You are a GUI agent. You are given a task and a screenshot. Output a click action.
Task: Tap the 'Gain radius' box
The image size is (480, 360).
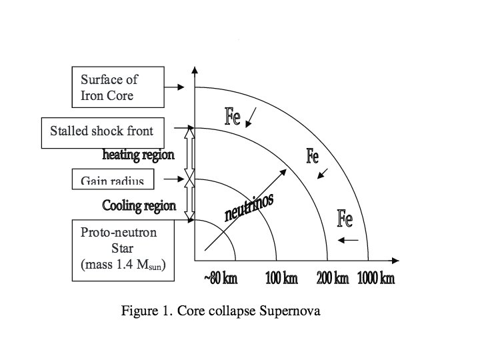click(x=113, y=178)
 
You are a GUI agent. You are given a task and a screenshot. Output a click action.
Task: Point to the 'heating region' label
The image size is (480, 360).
click(x=138, y=155)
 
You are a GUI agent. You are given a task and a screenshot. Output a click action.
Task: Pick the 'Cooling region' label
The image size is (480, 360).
click(x=139, y=205)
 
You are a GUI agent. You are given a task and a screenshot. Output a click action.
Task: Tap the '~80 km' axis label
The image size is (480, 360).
click(x=219, y=278)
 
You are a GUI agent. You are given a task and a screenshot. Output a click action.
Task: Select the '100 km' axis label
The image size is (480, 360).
click(x=281, y=278)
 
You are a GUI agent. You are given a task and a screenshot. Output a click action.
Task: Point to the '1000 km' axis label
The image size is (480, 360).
click(x=376, y=278)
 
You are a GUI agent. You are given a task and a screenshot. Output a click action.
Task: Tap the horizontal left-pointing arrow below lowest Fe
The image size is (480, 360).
click(x=348, y=239)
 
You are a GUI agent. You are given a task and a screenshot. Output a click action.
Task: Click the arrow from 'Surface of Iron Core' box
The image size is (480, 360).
click(x=177, y=87)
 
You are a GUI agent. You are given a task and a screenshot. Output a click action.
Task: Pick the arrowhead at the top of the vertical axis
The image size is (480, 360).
click(x=194, y=71)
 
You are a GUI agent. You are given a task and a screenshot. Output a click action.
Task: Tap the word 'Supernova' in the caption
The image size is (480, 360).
click(x=296, y=311)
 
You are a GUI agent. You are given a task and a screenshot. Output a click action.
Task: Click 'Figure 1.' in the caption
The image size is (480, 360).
click(x=143, y=311)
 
